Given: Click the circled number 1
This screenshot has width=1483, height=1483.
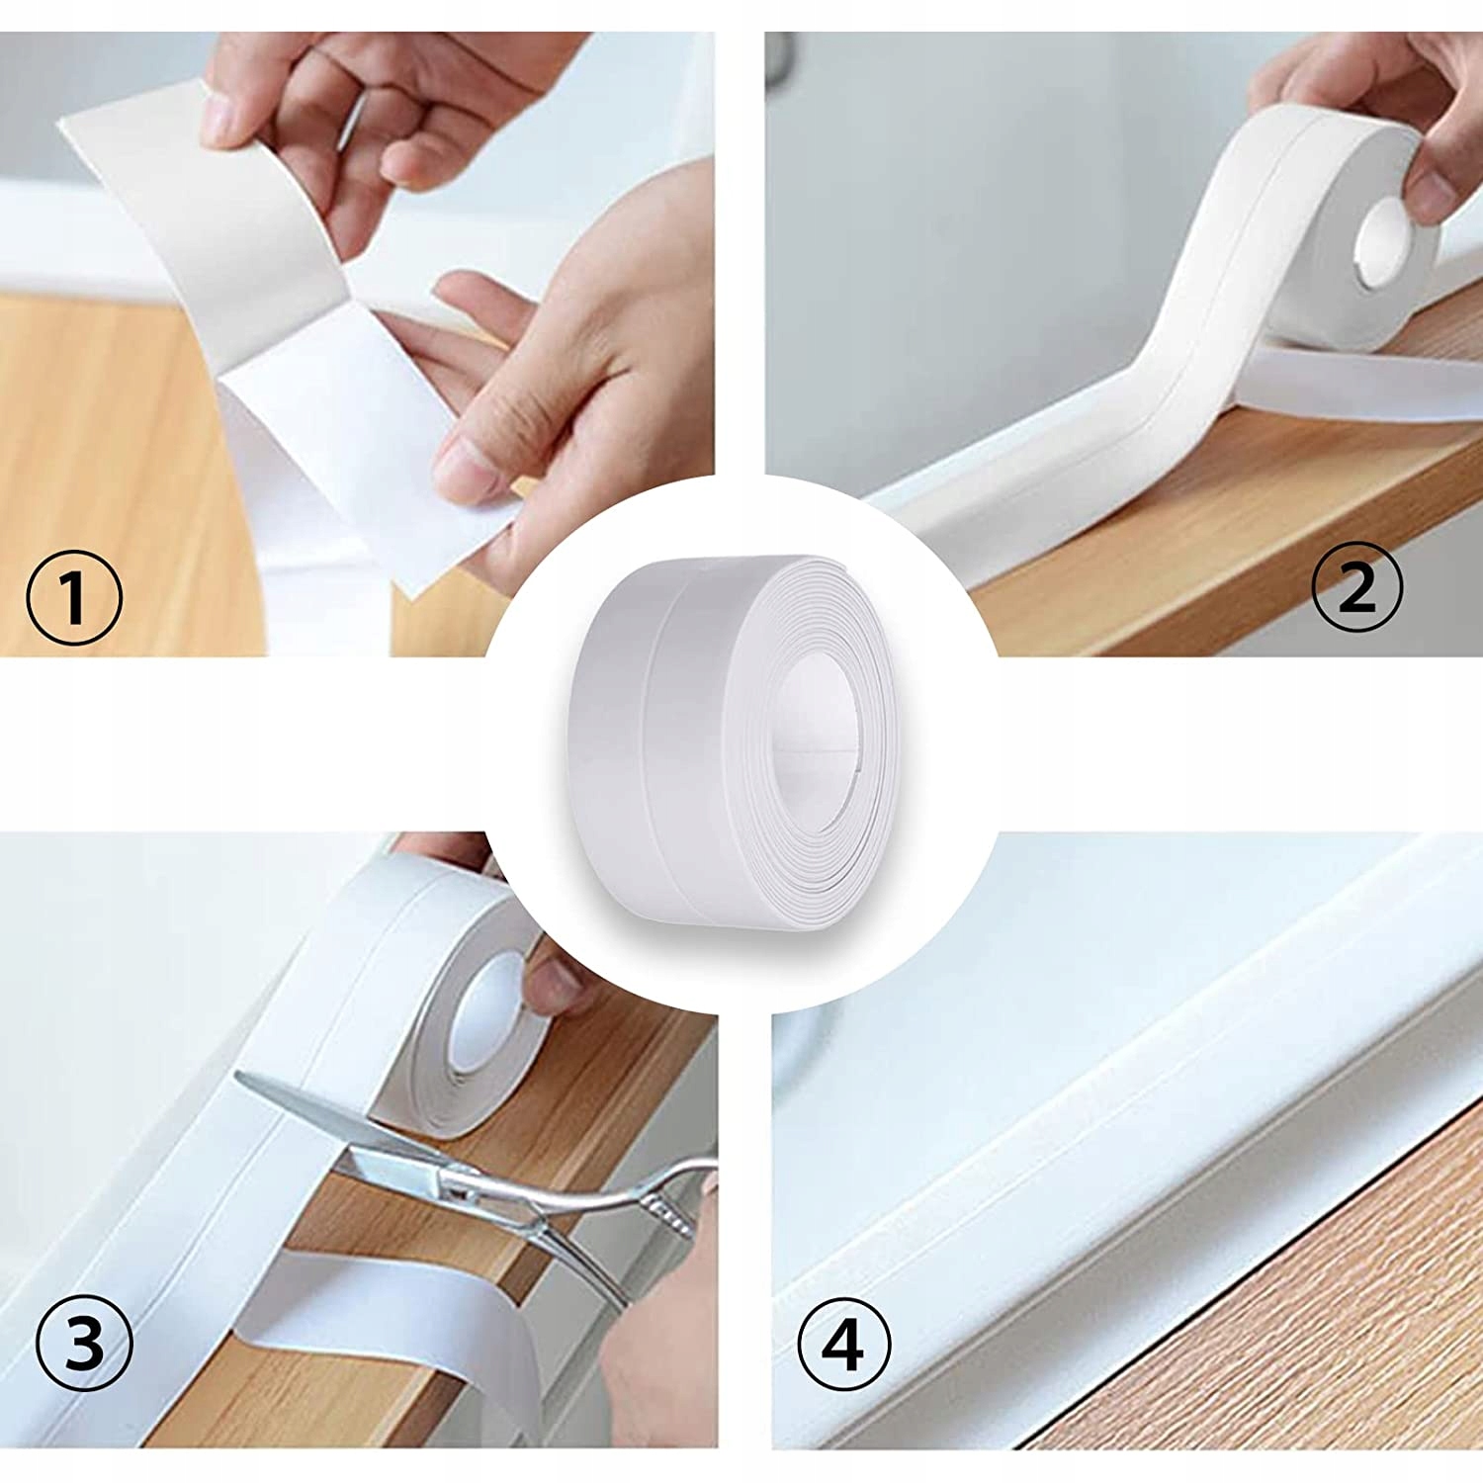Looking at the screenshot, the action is pyautogui.click(x=73, y=597).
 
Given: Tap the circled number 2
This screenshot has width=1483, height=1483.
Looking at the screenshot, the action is pyautogui.click(x=1356, y=589).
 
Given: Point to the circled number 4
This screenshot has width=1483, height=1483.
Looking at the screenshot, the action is pyautogui.click(x=843, y=1346).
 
